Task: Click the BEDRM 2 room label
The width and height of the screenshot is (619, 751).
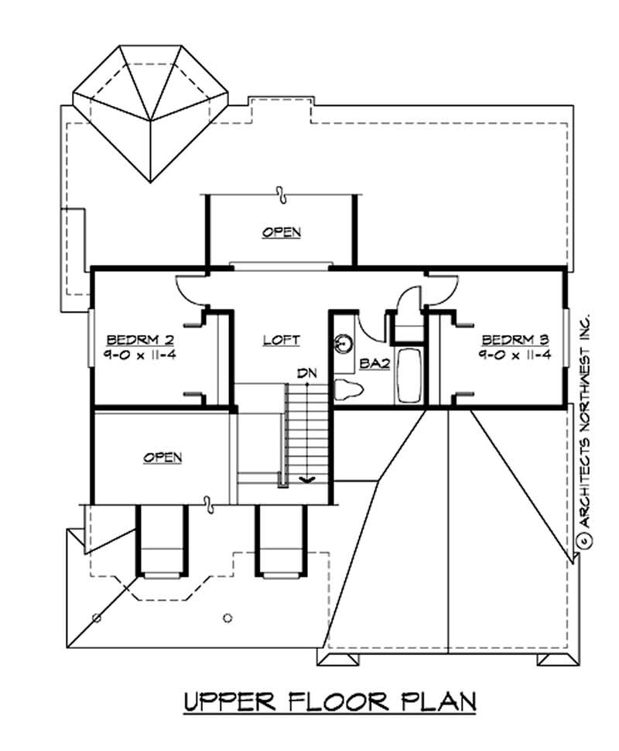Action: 139,339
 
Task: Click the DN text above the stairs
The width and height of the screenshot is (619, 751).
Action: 307,373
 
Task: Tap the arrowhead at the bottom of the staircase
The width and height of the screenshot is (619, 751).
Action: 307,481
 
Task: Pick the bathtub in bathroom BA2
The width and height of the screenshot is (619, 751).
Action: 409,375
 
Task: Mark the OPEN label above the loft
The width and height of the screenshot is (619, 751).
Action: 281,231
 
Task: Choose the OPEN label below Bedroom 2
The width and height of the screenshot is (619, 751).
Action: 162,457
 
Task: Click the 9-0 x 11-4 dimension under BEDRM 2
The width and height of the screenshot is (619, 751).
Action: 139,355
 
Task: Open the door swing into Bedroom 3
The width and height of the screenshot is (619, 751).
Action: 438,290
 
